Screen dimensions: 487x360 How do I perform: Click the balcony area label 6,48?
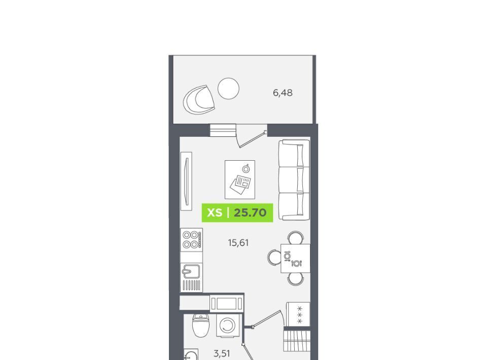point(283,93)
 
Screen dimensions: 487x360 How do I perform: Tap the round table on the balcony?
point(228,88)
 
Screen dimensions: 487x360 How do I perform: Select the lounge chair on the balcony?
point(199,100)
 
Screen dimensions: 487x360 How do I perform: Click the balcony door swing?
point(251,137)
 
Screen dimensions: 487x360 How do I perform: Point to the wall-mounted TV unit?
point(186,181)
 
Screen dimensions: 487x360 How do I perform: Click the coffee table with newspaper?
point(240,179)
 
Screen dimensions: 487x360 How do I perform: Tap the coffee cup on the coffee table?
point(246,168)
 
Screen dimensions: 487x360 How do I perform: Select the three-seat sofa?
point(294,179)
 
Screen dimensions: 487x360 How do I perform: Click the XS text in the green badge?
point(215,212)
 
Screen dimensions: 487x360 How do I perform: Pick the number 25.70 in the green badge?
point(250,212)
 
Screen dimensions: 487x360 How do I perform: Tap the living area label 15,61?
point(238,243)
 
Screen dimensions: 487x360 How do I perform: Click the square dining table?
point(295,258)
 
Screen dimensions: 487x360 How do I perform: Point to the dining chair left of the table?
point(274,258)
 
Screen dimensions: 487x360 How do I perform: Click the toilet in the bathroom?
point(201,325)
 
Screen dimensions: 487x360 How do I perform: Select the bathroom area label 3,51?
point(222,353)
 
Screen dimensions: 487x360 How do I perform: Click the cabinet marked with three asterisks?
point(298,314)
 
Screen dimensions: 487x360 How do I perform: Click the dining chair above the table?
point(295,238)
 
